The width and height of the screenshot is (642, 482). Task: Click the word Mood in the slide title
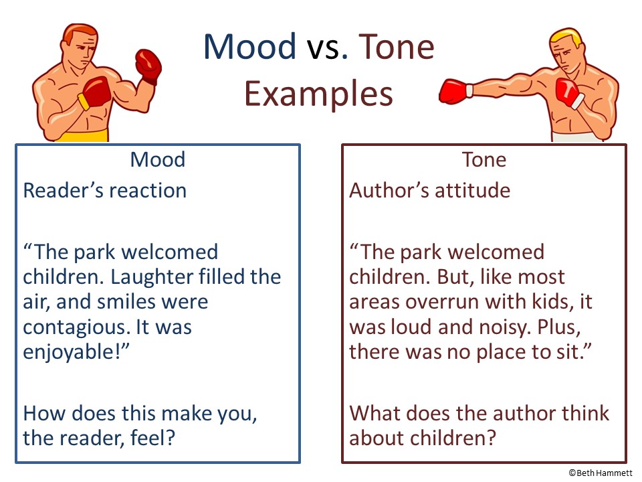pyautogui.click(x=249, y=48)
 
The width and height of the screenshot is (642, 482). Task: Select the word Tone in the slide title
pyautogui.click(x=397, y=48)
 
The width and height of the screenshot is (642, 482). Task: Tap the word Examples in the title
pyautogui.click(x=318, y=94)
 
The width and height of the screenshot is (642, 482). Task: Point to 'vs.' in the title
pyautogui.click(x=328, y=48)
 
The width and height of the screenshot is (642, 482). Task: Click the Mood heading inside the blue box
pyautogui.click(x=157, y=160)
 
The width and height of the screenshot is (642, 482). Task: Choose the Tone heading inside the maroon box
pyautogui.click(x=484, y=160)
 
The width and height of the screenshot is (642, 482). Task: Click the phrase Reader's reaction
pyautogui.click(x=105, y=191)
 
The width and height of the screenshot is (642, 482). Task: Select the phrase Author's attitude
pyautogui.click(x=429, y=191)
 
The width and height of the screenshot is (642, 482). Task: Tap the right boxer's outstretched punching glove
pyautogui.click(x=453, y=92)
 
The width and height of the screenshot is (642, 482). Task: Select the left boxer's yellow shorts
pyautogui.click(x=88, y=135)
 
